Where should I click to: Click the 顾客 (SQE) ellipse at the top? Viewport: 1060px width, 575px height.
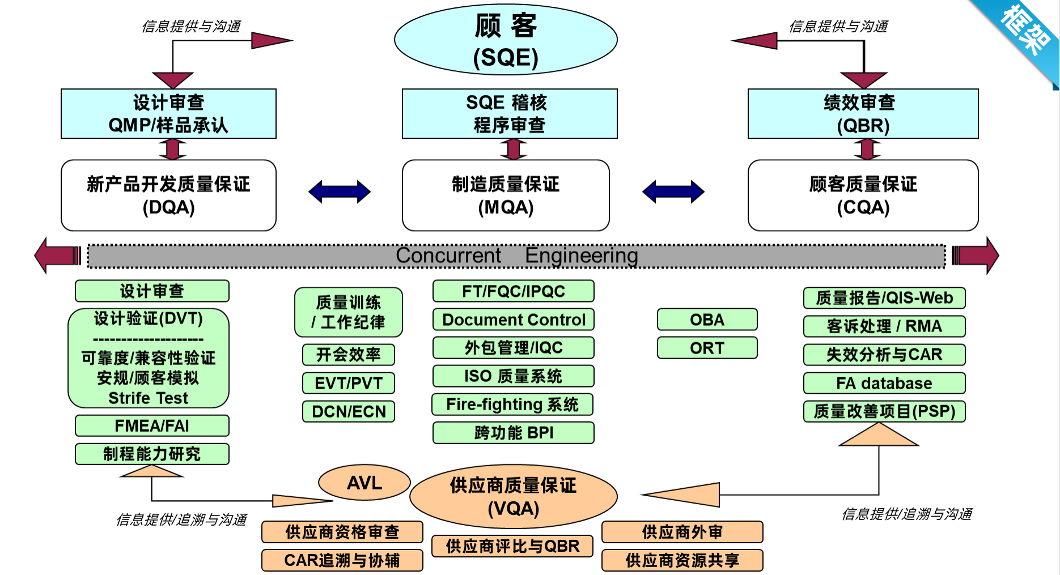(506, 40)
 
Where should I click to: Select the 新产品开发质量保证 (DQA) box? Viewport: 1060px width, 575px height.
(168, 195)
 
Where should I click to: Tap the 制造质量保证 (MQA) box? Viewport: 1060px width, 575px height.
(506, 195)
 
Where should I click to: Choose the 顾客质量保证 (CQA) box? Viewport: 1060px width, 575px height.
(863, 195)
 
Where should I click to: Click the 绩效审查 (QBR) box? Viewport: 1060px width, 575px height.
(863, 114)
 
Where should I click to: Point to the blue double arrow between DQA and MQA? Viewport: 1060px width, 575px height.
(340, 191)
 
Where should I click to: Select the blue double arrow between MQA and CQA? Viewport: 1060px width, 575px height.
(673, 191)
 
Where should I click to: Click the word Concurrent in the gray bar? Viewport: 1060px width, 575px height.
(448, 255)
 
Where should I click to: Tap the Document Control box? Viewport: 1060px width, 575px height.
(514, 320)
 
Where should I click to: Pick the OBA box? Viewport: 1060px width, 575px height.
(707, 320)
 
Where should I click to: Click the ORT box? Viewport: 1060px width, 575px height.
(707, 348)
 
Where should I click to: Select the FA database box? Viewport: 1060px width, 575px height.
(884, 383)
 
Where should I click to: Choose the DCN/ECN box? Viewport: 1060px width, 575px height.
(349, 411)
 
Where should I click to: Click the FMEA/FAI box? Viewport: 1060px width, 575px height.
(152, 425)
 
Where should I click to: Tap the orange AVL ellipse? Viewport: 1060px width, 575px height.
(364, 483)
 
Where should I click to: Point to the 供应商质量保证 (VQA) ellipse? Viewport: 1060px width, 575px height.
(513, 496)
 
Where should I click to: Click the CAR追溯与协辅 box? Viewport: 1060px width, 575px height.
(342, 560)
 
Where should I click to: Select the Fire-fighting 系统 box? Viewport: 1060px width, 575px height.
(513, 404)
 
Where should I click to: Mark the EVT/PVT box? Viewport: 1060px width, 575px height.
(349, 383)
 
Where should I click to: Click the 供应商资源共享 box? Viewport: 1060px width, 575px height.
(682, 560)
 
